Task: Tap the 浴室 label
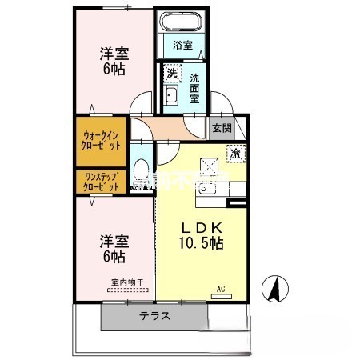coord(182,46)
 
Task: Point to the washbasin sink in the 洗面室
coord(170,97)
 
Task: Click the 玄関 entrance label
coord(221,128)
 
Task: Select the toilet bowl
coord(141,169)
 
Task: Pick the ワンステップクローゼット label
coord(101,181)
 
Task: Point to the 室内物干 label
coord(126,282)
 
